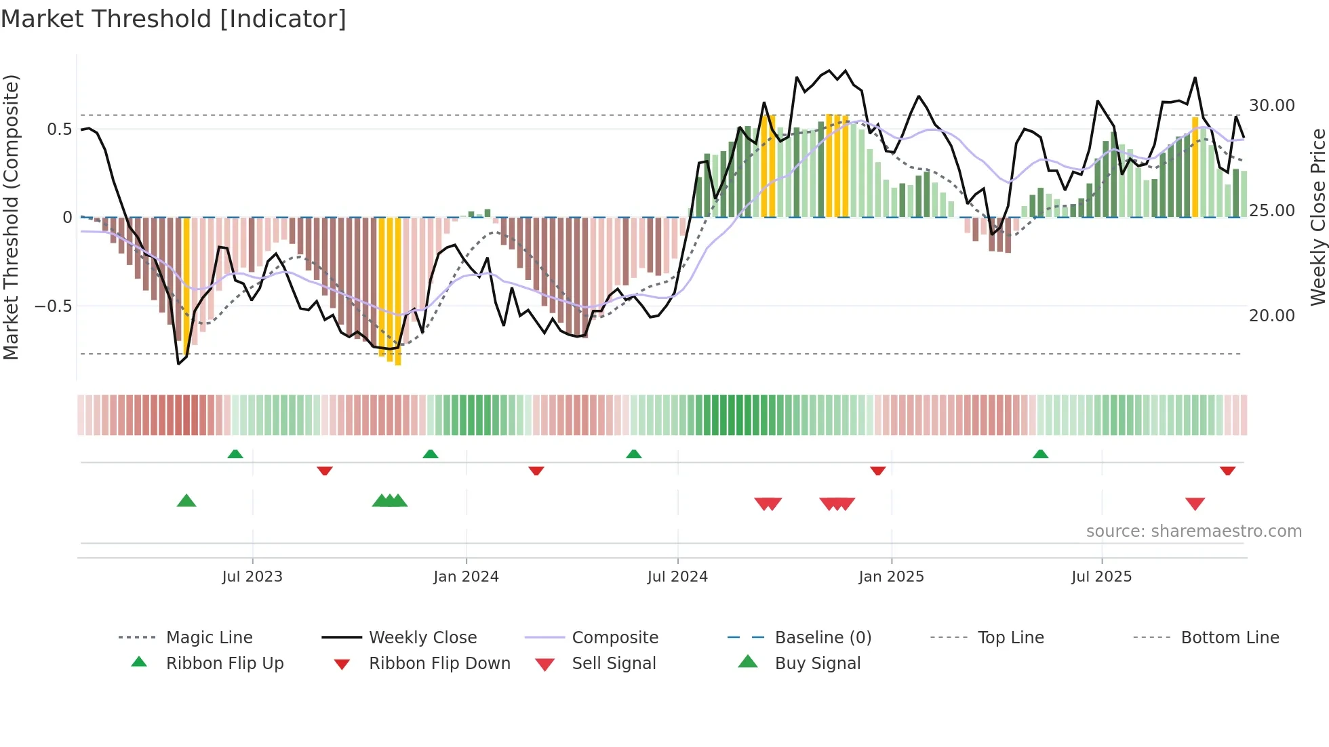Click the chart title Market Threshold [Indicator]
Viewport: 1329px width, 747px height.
[174, 19]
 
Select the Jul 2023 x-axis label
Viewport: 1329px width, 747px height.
[252, 577]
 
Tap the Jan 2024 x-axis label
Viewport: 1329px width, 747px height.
[466, 577]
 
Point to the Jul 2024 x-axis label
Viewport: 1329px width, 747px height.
[677, 577]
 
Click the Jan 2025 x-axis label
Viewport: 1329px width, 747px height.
[891, 577]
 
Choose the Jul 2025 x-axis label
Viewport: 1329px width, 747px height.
[1102, 577]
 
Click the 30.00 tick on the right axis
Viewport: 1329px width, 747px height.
[1272, 106]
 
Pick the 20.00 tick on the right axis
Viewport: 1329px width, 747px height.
[1272, 316]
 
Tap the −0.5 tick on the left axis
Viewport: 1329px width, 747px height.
[53, 306]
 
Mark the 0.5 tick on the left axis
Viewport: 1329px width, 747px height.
[59, 129]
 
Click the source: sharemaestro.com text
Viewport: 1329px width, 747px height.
[1193, 531]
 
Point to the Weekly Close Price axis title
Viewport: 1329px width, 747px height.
[1317, 217]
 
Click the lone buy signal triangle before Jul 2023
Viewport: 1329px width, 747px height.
[186, 502]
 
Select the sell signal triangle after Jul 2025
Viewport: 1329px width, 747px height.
[1195, 504]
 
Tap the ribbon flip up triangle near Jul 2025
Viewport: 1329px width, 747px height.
[1040, 454]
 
